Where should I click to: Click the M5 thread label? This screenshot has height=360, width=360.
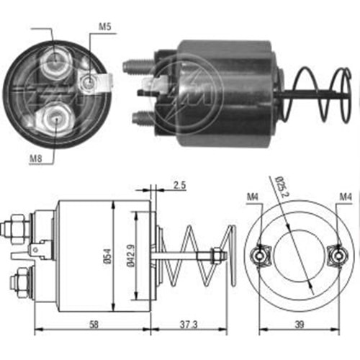tap(105, 27)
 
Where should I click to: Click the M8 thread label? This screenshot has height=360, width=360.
tap(35, 158)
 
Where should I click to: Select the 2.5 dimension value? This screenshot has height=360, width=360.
tap(179, 186)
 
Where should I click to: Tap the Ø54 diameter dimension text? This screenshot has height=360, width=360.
tap(108, 256)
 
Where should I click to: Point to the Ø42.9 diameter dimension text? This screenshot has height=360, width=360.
tap(131, 256)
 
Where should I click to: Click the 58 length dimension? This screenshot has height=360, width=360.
tap(94, 325)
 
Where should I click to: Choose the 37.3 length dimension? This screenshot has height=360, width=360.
tap(189, 325)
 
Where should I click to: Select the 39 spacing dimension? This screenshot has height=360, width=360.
tap(300, 325)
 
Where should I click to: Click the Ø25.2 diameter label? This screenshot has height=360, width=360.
tap(281, 186)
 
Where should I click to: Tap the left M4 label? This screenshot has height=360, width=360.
tap(253, 197)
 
